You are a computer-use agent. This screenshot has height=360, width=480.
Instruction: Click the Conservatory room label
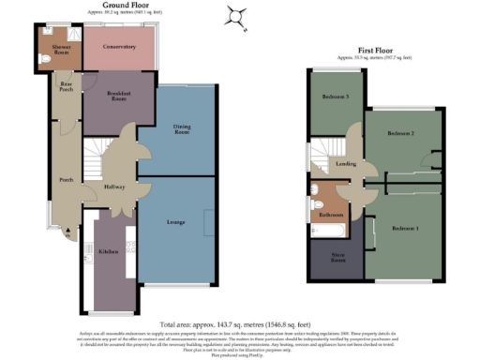[119, 46]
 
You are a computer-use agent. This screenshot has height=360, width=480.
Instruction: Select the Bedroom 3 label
[336, 97]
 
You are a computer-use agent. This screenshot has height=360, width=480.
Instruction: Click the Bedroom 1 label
[405, 229]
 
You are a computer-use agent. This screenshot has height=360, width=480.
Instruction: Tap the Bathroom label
[330, 215]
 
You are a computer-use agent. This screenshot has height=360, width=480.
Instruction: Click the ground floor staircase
[97, 152]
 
